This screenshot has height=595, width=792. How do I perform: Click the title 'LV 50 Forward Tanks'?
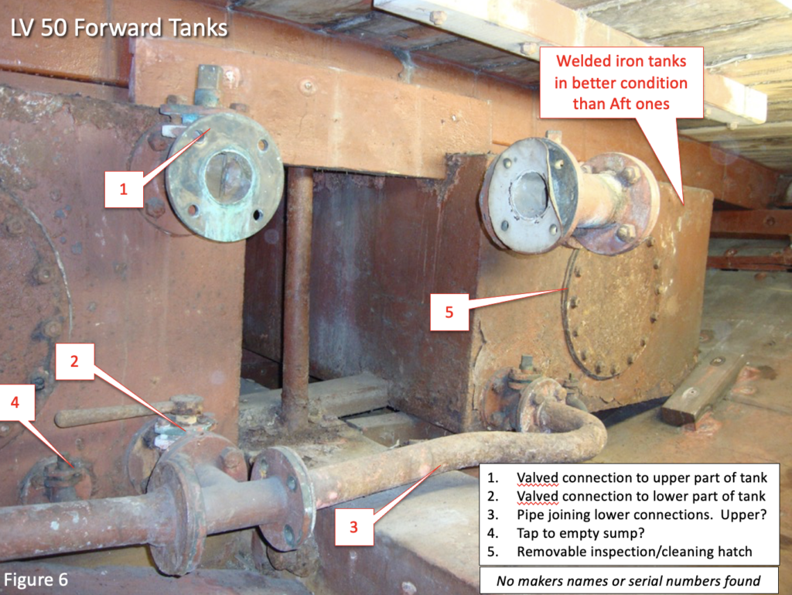(x=119, y=28)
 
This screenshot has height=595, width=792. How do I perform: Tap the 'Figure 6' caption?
(x=36, y=580)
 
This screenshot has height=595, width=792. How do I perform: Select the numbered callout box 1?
(x=124, y=189)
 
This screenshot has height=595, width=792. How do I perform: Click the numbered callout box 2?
(x=75, y=361)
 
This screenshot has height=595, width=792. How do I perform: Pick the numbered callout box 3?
(x=354, y=527)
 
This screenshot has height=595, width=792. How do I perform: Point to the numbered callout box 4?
(x=15, y=402)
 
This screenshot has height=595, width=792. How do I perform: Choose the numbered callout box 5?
(x=449, y=312)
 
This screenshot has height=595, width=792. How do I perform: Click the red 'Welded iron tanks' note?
(x=621, y=82)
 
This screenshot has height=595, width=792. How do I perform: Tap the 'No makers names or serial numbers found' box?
(x=628, y=580)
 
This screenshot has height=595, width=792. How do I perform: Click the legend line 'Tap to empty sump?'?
(x=580, y=533)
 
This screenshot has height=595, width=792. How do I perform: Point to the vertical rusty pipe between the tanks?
(x=296, y=298)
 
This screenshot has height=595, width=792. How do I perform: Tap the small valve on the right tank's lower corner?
(x=526, y=399)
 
